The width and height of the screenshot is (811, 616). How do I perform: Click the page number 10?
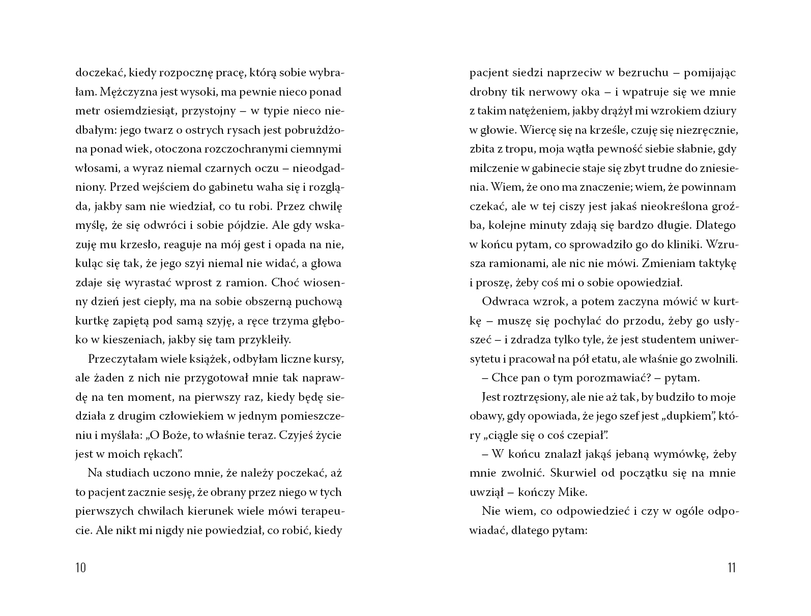click(80, 568)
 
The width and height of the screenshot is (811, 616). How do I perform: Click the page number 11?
click(732, 568)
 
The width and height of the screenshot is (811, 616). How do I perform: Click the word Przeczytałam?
click(119, 359)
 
